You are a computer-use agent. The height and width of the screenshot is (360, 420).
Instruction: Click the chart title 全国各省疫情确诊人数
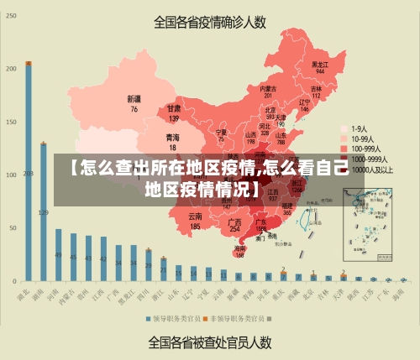209,23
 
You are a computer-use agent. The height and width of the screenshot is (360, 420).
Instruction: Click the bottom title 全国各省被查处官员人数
209,342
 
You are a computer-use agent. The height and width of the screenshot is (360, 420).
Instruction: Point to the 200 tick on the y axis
10,69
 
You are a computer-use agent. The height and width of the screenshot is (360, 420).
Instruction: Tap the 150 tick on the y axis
10,122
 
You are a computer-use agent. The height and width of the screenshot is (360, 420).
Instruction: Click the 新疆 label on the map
134,103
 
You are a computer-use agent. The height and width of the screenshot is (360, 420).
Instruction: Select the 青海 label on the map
172,139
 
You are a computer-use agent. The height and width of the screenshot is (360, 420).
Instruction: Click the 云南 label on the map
195,222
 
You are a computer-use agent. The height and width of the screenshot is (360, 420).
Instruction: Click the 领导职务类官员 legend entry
174,319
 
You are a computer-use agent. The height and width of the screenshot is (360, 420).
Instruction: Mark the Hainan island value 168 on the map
240,253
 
